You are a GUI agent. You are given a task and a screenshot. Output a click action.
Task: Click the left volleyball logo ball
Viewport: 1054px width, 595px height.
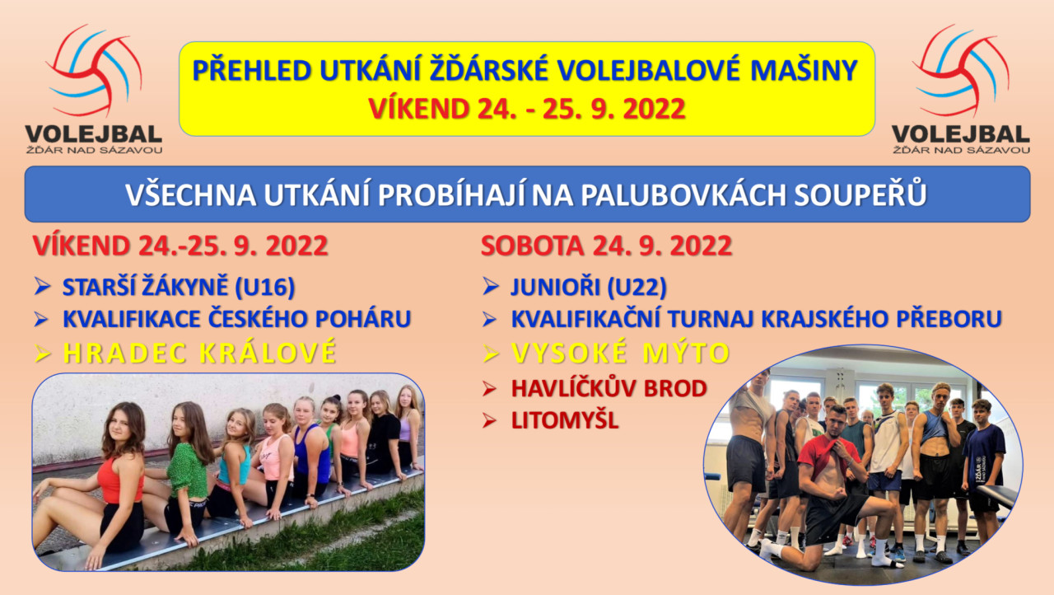[x=94, y=71]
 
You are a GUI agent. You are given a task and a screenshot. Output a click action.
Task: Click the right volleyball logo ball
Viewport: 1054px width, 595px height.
[x=961, y=71]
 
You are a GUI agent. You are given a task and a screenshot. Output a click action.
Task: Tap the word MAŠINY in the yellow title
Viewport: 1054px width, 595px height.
[x=804, y=71]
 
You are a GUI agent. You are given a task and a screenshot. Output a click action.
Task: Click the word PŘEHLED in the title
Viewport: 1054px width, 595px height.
[x=252, y=71]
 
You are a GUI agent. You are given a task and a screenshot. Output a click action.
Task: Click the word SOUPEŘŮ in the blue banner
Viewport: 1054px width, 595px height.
[x=860, y=194]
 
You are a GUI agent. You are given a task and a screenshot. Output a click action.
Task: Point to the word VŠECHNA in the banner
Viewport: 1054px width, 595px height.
[x=190, y=194]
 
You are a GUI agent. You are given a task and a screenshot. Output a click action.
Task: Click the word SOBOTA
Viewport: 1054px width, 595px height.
[x=532, y=246]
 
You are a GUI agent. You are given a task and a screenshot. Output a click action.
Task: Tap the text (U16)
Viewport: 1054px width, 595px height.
[x=265, y=287]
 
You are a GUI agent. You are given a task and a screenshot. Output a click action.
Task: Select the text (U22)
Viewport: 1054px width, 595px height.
[x=637, y=287]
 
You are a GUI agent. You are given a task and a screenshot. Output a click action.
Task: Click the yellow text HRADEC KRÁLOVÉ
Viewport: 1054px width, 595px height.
[x=200, y=353]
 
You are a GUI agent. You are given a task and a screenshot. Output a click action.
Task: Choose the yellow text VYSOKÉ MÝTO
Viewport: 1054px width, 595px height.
[x=620, y=353]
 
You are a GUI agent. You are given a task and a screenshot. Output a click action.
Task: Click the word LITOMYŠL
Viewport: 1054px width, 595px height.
[x=565, y=420]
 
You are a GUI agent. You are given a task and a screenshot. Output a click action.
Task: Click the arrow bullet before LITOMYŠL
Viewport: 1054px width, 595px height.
[x=489, y=420]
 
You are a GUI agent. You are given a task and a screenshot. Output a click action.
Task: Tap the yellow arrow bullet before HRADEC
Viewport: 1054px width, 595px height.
[x=42, y=353]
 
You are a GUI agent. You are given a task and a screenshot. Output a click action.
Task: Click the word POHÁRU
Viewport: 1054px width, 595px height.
[x=363, y=319]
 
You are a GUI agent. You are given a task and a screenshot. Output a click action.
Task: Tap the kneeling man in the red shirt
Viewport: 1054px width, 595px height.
[x=832, y=490]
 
